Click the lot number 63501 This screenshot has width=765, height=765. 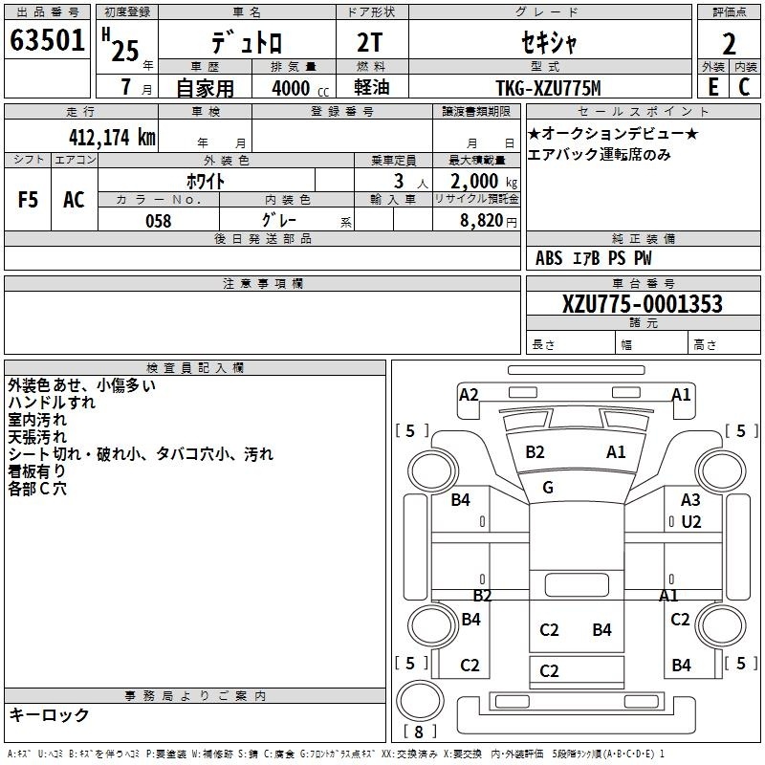click(x=47, y=39)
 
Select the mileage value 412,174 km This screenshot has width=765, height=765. click(x=112, y=138)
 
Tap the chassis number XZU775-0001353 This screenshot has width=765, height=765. click(x=643, y=304)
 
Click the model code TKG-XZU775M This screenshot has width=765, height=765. click(x=548, y=88)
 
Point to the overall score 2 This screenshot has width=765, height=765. click(x=729, y=44)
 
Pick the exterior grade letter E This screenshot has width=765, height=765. click(x=713, y=87)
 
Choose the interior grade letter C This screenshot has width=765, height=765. click(x=744, y=87)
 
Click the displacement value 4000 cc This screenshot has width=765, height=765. click(x=300, y=88)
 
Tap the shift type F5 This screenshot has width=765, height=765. click(x=28, y=200)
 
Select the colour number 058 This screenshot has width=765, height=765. click(x=159, y=221)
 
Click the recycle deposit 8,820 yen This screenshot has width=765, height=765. click(x=489, y=221)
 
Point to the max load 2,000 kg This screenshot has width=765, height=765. click(x=484, y=182)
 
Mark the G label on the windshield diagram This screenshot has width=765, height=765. click(x=548, y=487)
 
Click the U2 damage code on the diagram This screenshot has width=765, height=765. click(x=690, y=522)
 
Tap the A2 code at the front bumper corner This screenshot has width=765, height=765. click(x=469, y=394)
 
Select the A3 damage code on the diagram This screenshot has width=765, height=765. click(x=690, y=499)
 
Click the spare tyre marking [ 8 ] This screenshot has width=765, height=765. click(x=419, y=732)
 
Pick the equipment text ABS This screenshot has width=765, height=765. click(x=549, y=258)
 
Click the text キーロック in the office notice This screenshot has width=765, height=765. click(x=49, y=714)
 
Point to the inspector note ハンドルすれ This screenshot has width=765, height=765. click(x=52, y=403)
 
